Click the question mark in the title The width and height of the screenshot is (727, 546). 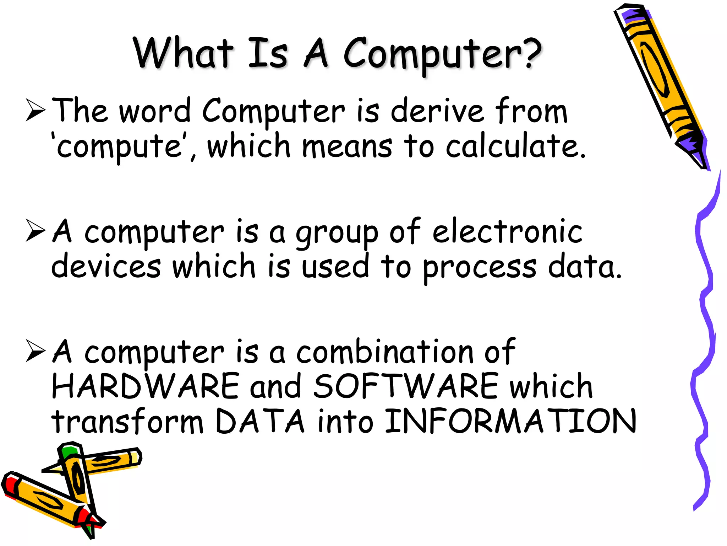click(529, 53)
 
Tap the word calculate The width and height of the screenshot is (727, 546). click(515, 146)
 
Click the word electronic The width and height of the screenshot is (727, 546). click(507, 232)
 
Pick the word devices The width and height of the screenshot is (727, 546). click(106, 267)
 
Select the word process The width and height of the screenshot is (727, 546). click(480, 268)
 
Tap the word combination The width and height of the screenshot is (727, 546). click(385, 352)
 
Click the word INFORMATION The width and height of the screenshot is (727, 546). click(510, 422)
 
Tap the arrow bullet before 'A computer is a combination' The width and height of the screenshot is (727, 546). click(36, 351)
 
